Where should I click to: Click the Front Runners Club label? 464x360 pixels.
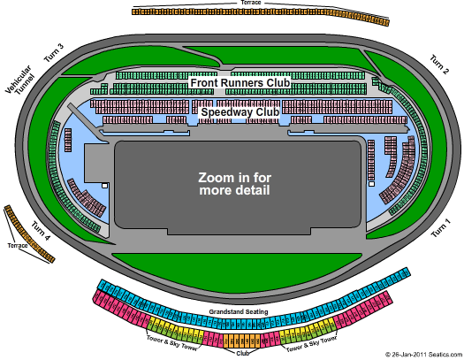coord(239,82)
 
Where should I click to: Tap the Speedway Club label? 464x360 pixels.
coord(240,112)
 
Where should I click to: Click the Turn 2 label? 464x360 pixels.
coord(439,64)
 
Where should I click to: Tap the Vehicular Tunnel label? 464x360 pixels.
coord(19,86)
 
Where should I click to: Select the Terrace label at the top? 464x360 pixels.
coord(250,3)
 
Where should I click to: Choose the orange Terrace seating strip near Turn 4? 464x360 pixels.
coord(30,234)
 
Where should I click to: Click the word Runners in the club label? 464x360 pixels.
coord(242,82)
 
